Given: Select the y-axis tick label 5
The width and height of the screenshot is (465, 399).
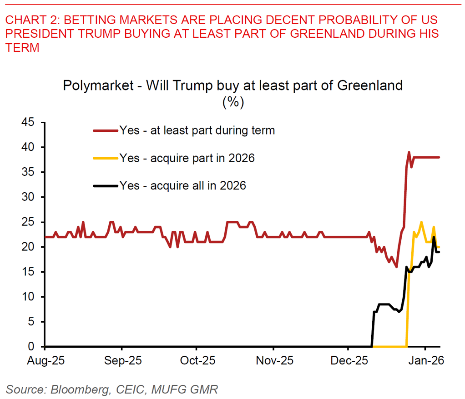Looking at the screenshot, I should coord(31,322).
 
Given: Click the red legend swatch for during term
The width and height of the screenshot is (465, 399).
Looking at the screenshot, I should coord(106,131).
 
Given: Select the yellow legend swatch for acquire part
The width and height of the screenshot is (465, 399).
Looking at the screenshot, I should coord(106,158).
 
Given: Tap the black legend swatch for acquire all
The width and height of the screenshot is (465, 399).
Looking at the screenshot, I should coord(106,185).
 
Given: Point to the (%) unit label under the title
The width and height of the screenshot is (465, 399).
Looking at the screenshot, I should coord(233,102).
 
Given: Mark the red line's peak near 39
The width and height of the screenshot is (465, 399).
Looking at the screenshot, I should coord(409,153).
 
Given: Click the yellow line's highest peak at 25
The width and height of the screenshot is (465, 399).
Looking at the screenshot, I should coord(421,222).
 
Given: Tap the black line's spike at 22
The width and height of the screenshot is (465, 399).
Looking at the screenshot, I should coord(434,237).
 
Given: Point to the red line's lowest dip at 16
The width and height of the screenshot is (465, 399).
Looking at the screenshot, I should coord(396,267).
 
